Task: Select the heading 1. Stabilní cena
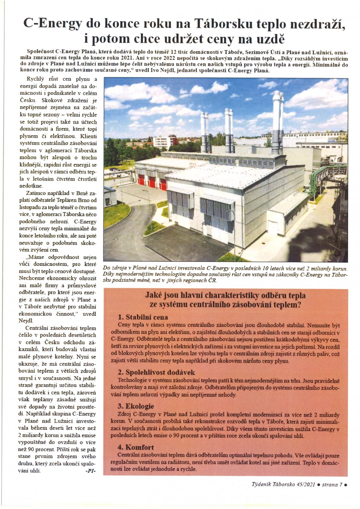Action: coord(143,317)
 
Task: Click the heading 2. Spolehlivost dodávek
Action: coord(156,372)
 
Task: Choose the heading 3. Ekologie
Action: coord(136,406)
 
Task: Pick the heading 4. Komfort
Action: coord(136,447)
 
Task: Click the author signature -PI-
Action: coord(90,471)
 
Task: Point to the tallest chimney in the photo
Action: coord(276,122)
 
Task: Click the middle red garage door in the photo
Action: coord(152,182)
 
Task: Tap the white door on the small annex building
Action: coord(272,227)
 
